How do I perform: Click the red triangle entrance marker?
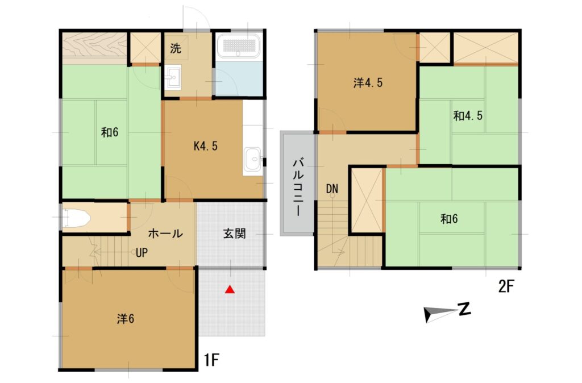pyautogui.click(x=230, y=290)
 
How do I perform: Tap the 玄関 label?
pyautogui.click(x=234, y=234)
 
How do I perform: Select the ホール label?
pyautogui.click(x=165, y=234)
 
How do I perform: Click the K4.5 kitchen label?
pyautogui.click(x=206, y=146)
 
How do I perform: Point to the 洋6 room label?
pyautogui.click(x=126, y=319)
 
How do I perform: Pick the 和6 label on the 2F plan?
pyautogui.click(x=448, y=219)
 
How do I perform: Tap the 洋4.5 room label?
pyautogui.click(x=368, y=83)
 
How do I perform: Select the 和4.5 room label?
pyautogui.click(x=468, y=116)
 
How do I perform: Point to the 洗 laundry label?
pyautogui.click(x=175, y=48)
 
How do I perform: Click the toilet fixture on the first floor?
pyautogui.click(x=76, y=217)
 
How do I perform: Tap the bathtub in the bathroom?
pyautogui.click(x=238, y=45)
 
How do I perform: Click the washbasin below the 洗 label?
pyautogui.click(x=173, y=77)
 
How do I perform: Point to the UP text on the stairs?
pyautogui.click(x=142, y=253)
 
